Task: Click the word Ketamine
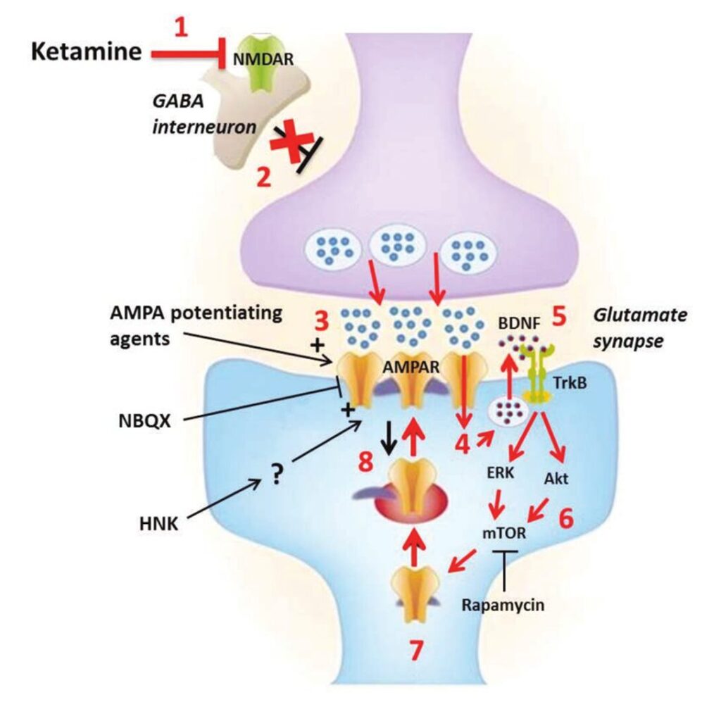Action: click(87, 52)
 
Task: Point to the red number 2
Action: click(263, 177)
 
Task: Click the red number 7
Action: click(417, 651)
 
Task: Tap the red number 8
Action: click(365, 464)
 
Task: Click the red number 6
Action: click(566, 520)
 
